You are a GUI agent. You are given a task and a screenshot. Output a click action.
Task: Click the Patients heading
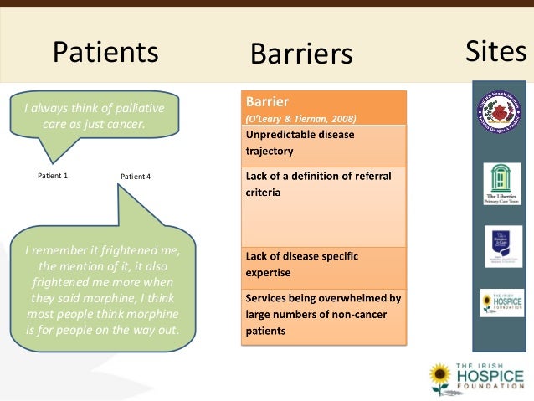point(105,53)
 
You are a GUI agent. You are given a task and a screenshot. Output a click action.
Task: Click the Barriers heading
point(301,54)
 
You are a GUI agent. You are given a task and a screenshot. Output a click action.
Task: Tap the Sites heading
point(495,52)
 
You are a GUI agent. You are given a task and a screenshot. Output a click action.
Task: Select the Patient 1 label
point(53,176)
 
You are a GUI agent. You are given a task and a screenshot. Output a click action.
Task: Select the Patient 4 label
point(136,177)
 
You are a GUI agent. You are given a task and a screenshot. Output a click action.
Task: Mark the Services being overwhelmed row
point(323,314)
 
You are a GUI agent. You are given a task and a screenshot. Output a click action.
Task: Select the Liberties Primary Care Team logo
point(502,183)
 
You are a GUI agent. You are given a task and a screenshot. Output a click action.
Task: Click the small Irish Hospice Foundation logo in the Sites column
point(502,302)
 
